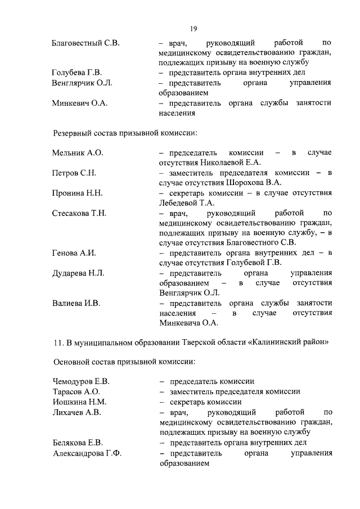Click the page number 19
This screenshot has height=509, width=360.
pos(193,29)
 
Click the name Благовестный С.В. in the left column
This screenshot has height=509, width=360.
pos(85,43)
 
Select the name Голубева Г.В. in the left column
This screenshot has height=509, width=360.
pos(78,73)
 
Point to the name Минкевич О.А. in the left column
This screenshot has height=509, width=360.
pos(79,103)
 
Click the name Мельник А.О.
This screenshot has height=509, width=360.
pos(78,153)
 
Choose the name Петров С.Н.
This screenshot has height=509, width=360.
pos(74,173)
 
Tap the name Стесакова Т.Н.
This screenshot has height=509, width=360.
pos(79,213)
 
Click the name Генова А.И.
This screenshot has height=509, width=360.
pos(74,253)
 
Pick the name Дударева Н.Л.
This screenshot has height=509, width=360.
pos(78,273)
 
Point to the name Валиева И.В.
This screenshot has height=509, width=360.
pos(76,304)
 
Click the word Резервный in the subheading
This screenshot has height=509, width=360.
pos(72,133)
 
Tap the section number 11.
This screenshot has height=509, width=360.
pos(57,342)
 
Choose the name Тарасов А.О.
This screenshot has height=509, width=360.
pos(76,391)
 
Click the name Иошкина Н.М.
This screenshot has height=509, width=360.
pos(79,402)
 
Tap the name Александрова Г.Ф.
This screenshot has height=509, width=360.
pos(87,452)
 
